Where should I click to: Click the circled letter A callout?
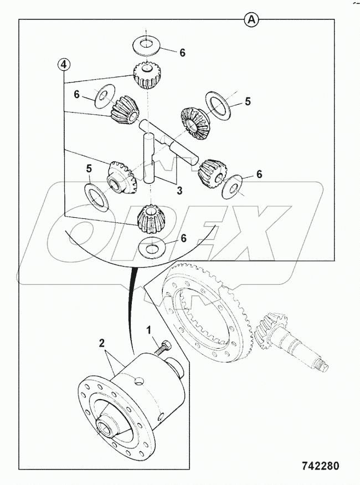(x=251, y=20)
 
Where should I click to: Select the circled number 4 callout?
(x=64, y=65)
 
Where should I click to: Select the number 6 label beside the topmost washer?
(x=182, y=53)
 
